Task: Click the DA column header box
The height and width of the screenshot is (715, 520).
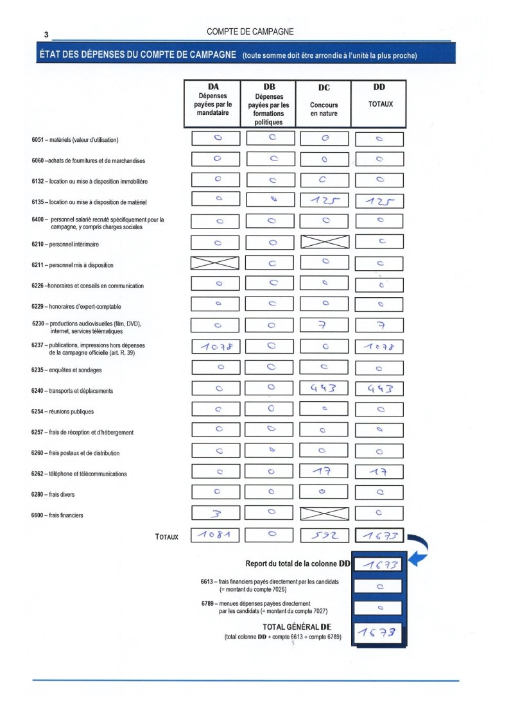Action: coord(212,103)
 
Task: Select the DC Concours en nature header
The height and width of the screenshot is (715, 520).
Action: coord(324,103)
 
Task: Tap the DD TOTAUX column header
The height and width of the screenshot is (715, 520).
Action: coord(379,103)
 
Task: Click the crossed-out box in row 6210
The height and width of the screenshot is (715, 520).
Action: coord(324,243)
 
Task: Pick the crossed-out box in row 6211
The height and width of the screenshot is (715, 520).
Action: coord(215,263)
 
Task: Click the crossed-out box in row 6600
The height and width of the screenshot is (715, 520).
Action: coord(324,513)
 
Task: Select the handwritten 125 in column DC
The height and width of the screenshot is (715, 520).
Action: coord(324,200)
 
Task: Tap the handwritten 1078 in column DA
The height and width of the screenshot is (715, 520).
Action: coord(215,347)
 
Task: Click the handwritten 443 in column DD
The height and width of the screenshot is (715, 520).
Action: coord(379,388)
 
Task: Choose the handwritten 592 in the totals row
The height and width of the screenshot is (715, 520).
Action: coord(324,535)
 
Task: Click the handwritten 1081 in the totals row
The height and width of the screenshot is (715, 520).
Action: coord(215,535)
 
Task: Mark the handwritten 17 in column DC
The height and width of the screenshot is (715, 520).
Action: coord(324,473)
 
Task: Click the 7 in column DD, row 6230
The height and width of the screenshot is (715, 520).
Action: coord(379,325)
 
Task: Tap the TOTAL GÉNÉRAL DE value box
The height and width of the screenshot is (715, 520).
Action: coord(379,633)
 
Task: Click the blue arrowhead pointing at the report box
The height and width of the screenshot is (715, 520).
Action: coord(416,560)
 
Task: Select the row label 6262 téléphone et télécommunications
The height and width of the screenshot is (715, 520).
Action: coord(79,474)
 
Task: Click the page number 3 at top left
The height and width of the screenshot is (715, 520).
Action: coord(47,35)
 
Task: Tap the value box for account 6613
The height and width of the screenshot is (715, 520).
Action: coord(379,586)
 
